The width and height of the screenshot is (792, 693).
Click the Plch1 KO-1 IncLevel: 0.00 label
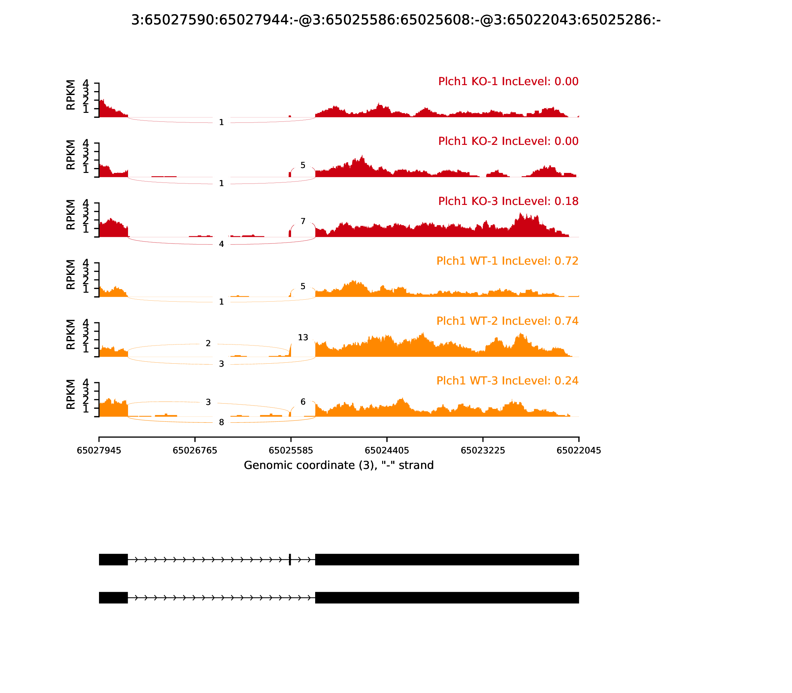coord(508,82)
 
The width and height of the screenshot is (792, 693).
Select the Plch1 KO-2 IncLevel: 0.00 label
coord(508,141)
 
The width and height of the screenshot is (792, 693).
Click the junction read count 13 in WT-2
coord(303,338)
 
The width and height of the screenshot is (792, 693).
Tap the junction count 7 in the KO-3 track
coord(303,221)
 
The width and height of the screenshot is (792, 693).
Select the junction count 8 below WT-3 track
coord(221,422)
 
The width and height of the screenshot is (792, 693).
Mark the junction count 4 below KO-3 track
coord(221,244)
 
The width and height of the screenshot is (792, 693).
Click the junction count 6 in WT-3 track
coord(303,402)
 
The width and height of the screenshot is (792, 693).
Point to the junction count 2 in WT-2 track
coord(208,344)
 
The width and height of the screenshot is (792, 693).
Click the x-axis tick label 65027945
coord(99,450)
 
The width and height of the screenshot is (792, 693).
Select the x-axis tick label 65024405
coord(387,450)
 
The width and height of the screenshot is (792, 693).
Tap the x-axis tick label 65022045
coord(578,450)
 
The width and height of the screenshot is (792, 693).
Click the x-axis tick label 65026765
coord(195,450)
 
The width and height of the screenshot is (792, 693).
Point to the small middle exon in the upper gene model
coord(290,559)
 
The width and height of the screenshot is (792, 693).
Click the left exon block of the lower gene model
coord(113,598)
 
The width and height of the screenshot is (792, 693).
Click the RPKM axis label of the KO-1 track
coord(71,95)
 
